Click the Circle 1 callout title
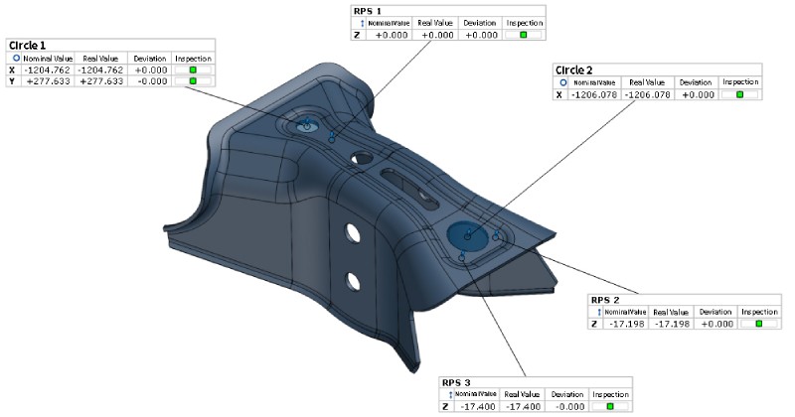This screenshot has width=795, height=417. click(28, 45)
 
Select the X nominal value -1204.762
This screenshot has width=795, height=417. click(48, 69)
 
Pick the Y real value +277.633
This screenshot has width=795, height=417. click(101, 81)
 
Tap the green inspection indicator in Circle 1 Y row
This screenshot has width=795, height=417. click(193, 81)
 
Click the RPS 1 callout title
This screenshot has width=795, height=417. click(367, 11)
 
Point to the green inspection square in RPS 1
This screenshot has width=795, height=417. click(524, 35)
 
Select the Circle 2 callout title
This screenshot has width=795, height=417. click(574, 69)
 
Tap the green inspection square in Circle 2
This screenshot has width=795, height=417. click(739, 94)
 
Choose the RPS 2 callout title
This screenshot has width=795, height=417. click(605, 300)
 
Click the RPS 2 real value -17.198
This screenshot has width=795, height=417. click(671, 324)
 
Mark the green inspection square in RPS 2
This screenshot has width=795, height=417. click(759, 324)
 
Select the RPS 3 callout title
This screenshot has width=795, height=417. click(456, 382)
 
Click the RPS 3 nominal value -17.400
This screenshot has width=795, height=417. click(479, 406)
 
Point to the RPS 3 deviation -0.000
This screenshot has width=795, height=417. click(567, 406)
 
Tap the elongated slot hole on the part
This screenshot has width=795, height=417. click(410, 189)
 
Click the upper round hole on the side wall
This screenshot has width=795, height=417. click(353, 232)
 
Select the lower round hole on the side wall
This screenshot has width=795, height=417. click(353, 281)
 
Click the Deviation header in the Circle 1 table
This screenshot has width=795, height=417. click(150, 59)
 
